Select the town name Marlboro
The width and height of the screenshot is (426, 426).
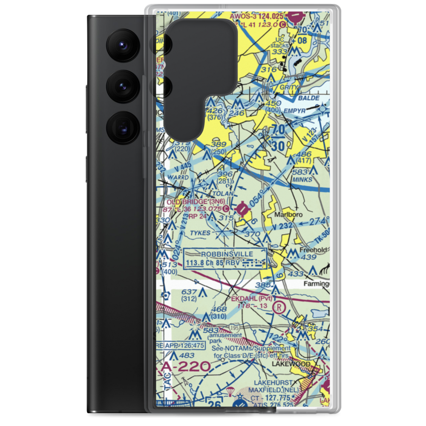(288, 215)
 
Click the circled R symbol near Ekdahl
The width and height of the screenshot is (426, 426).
(279, 307)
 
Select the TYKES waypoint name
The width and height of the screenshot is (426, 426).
(200, 233)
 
